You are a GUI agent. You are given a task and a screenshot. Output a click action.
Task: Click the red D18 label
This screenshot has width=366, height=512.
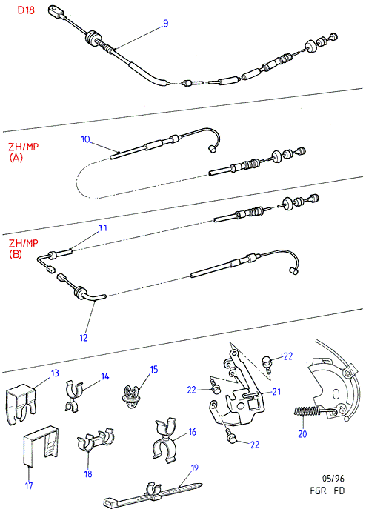coord(26,10)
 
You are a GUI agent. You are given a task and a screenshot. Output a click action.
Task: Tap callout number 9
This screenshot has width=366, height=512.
coord(165,24)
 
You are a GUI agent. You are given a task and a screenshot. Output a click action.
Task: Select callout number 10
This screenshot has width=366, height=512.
coord(85,139)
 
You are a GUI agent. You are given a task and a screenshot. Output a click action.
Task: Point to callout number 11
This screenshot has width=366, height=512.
coord(103,227)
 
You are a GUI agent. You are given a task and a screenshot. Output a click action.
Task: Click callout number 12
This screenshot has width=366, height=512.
coord(84,338)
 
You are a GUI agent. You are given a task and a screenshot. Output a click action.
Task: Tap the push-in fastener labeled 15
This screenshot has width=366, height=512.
coord(131,397)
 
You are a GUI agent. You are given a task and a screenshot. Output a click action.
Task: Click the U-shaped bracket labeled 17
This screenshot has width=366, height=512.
coord(41,446)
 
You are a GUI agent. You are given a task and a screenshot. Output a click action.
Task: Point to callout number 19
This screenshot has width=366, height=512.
coord(194,468)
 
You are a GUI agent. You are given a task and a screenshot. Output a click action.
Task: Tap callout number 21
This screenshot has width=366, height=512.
coord(276,391)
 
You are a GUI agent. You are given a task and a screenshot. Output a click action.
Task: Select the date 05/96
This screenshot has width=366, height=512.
coord(333,479)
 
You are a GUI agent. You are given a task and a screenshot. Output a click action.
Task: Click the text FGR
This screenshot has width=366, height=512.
coord(318,491)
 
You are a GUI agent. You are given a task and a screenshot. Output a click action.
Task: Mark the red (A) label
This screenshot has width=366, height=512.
coord(16,158)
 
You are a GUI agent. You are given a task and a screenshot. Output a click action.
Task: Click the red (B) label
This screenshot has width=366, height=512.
coord(16,254)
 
